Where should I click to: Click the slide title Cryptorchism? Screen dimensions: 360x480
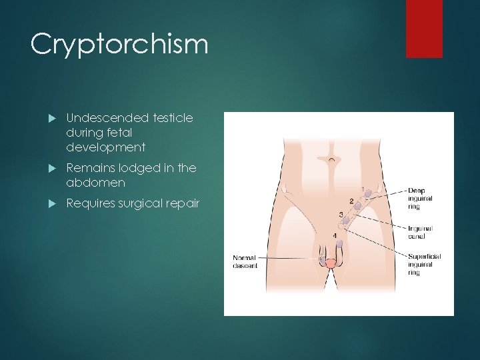pos(119,45)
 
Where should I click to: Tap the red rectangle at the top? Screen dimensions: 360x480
pos(424,28)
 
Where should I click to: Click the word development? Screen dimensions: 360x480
pos(105,147)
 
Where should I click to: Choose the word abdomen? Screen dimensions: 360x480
pos(95,183)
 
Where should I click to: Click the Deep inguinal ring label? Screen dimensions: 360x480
pos(420,198)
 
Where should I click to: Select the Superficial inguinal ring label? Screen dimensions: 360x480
pos(423,265)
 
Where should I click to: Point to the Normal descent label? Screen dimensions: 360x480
pos(244,261)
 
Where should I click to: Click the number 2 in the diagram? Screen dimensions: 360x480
pos(351,201)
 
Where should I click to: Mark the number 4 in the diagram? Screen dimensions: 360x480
pos(334,236)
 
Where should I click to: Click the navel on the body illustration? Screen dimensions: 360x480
pos(326,160)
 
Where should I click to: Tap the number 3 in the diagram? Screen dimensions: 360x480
pos(341,215)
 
